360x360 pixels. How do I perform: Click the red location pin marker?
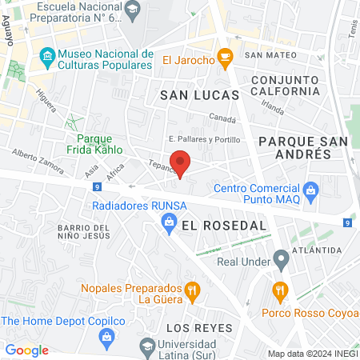[x=181, y=162]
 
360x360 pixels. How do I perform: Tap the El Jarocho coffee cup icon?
[x=226, y=57]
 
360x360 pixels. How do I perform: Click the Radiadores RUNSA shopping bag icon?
[x=168, y=225]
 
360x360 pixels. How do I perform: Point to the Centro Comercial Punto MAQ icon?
[x=311, y=190]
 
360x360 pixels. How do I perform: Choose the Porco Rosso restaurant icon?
[x=279, y=289]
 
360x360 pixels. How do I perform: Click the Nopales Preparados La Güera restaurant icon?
[x=191, y=290]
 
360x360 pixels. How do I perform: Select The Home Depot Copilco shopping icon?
[x=107, y=337]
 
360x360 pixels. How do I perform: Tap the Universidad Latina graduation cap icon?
[x=146, y=346]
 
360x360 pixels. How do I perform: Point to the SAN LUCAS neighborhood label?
[x=199, y=95]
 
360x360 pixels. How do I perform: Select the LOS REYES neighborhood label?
[x=198, y=328]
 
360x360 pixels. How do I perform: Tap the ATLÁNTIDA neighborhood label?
[x=317, y=250]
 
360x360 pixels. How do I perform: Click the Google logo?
[x=26, y=350]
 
